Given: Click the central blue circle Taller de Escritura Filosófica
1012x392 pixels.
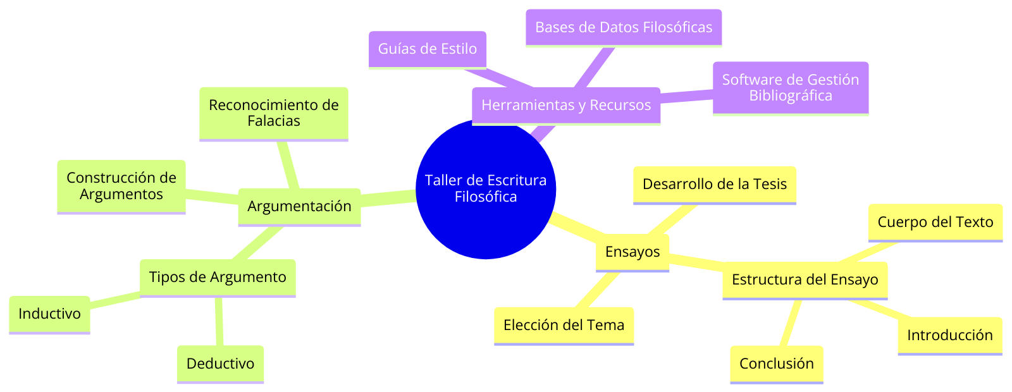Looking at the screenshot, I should [x=486, y=188].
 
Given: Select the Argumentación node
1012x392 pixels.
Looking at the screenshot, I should [x=299, y=206].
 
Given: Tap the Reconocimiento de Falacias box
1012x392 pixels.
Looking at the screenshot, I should [x=273, y=113].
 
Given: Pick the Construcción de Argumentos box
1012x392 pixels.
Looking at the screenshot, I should [x=121, y=187].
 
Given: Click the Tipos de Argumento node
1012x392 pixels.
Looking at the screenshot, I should [x=218, y=277].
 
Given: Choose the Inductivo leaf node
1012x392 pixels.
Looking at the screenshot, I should [x=49, y=314].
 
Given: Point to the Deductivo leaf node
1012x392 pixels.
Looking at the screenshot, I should [x=220, y=364].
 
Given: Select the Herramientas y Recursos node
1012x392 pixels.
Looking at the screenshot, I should [x=566, y=105].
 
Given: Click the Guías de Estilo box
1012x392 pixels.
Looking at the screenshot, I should [x=427, y=49].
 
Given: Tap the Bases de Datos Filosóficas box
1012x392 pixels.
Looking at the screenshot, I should [x=623, y=27].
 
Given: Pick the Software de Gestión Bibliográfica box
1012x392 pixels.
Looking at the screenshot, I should [x=790, y=88].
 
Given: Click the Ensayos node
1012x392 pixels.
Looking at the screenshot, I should [x=632, y=252].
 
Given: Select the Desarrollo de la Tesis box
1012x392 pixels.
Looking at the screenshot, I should [x=714, y=184].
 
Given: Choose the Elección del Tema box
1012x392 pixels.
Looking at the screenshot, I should [x=564, y=325].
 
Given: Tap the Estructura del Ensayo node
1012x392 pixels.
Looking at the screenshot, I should [x=805, y=279].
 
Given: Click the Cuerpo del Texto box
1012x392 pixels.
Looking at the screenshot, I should [x=935, y=222].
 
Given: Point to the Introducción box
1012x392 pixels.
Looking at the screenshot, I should [x=949, y=335].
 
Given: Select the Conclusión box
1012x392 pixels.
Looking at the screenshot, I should [x=776, y=364].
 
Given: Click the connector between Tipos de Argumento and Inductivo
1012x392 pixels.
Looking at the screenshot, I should [x=114, y=301].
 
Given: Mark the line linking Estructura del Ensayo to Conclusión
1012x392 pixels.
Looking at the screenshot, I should [x=790, y=323].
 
